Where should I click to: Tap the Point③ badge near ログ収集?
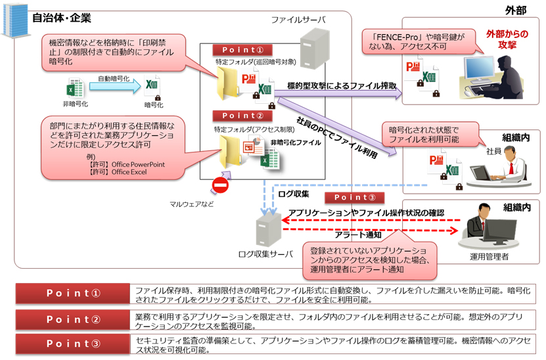(x=355, y=198)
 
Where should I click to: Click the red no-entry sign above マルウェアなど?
(x=219, y=186)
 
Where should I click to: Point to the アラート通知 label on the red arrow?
(x=357, y=235)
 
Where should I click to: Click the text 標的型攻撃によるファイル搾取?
(x=341, y=85)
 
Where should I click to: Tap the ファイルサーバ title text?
(x=298, y=20)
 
